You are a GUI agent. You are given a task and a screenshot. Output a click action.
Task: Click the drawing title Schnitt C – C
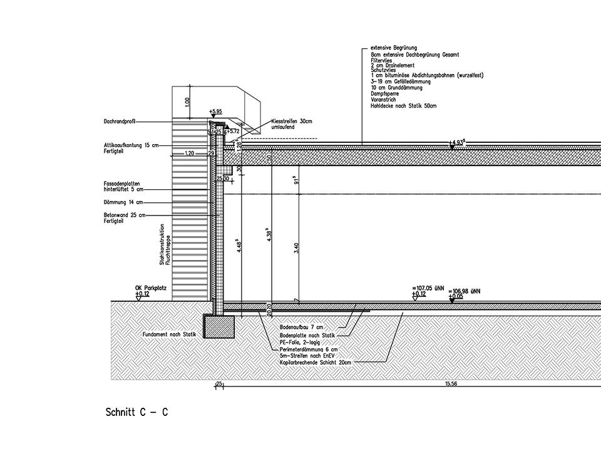coord(136,413)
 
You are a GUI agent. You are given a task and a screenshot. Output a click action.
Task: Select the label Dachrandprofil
coord(120,122)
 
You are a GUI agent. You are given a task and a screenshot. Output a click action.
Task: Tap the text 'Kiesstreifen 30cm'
coord(292,121)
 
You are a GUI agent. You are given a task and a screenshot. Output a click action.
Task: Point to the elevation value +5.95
coord(217,111)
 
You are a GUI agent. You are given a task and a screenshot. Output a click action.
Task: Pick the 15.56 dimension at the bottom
coord(451,383)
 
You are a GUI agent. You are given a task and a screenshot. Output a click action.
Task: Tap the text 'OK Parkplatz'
coord(150,288)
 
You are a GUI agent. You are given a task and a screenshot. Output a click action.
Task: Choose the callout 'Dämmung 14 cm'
coord(123,202)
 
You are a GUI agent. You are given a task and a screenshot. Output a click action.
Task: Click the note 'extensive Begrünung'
coord(393,48)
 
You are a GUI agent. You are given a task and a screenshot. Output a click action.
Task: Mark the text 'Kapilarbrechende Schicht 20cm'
coord(311,362)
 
